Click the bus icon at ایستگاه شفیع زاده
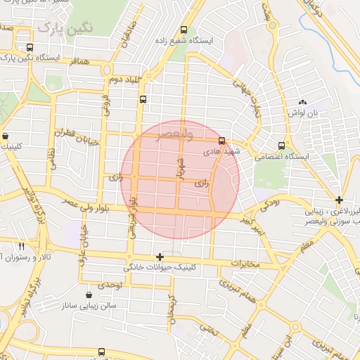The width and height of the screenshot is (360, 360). pos(184,30)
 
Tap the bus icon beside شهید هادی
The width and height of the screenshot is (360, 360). pos(222,140)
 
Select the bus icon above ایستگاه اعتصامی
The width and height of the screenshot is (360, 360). pos(282,139)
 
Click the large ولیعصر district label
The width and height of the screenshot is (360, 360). pos(165,133)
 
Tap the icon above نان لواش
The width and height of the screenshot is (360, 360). pos(302,102)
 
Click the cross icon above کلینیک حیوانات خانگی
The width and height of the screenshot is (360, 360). pos(160,257)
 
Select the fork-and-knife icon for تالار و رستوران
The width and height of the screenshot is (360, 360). pos(21,246)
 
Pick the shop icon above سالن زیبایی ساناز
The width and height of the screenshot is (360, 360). pos(89,295)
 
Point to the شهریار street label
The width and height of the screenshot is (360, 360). pos(180,172)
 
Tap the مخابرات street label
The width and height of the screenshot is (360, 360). pos(247,264)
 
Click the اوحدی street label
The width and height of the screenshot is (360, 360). pos(110,285)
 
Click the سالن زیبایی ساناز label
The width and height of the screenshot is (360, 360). pos(94,307)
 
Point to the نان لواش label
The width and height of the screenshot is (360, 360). pos(307,112)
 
